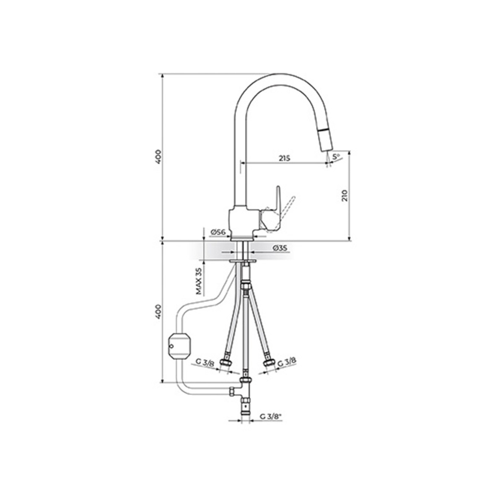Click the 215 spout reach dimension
tap(284, 158)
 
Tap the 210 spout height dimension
tap(345, 195)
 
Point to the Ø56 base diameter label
tap(218, 232)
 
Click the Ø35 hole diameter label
tap(280, 248)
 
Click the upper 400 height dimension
tap(157, 157)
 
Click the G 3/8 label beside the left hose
tap(205, 362)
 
